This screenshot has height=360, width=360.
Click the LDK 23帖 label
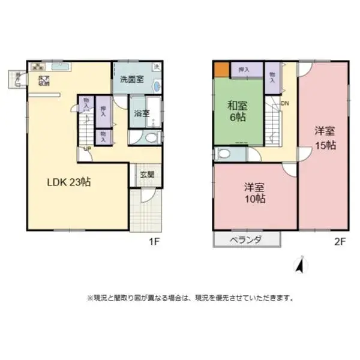pos(69,182)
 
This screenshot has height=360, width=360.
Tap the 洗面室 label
pos(131,79)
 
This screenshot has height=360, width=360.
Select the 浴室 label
pos(142,112)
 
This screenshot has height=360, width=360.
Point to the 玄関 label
pos(147,175)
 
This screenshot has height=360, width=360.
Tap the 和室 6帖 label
pos(236,112)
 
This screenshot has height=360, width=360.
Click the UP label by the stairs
pos(88,148)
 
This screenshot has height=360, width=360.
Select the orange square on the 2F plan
pos(221,69)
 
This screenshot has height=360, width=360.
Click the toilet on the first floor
pos(149,138)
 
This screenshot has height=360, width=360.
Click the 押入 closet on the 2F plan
pos(244,70)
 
